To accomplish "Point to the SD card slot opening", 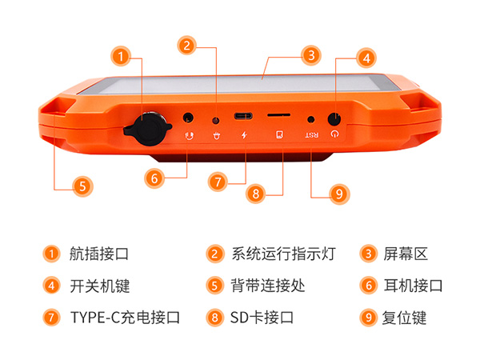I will [278, 117].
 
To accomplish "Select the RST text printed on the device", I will [311, 134].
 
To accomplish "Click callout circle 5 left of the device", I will [80, 186].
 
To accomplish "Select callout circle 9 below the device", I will [339, 193].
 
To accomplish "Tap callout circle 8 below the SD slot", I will [255, 193].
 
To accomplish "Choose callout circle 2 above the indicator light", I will [186, 46].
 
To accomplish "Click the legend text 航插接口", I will [99, 254].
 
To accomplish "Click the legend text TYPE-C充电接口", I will [125, 317].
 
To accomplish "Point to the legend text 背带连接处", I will [267, 286].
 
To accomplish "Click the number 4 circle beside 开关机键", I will [51, 286].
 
